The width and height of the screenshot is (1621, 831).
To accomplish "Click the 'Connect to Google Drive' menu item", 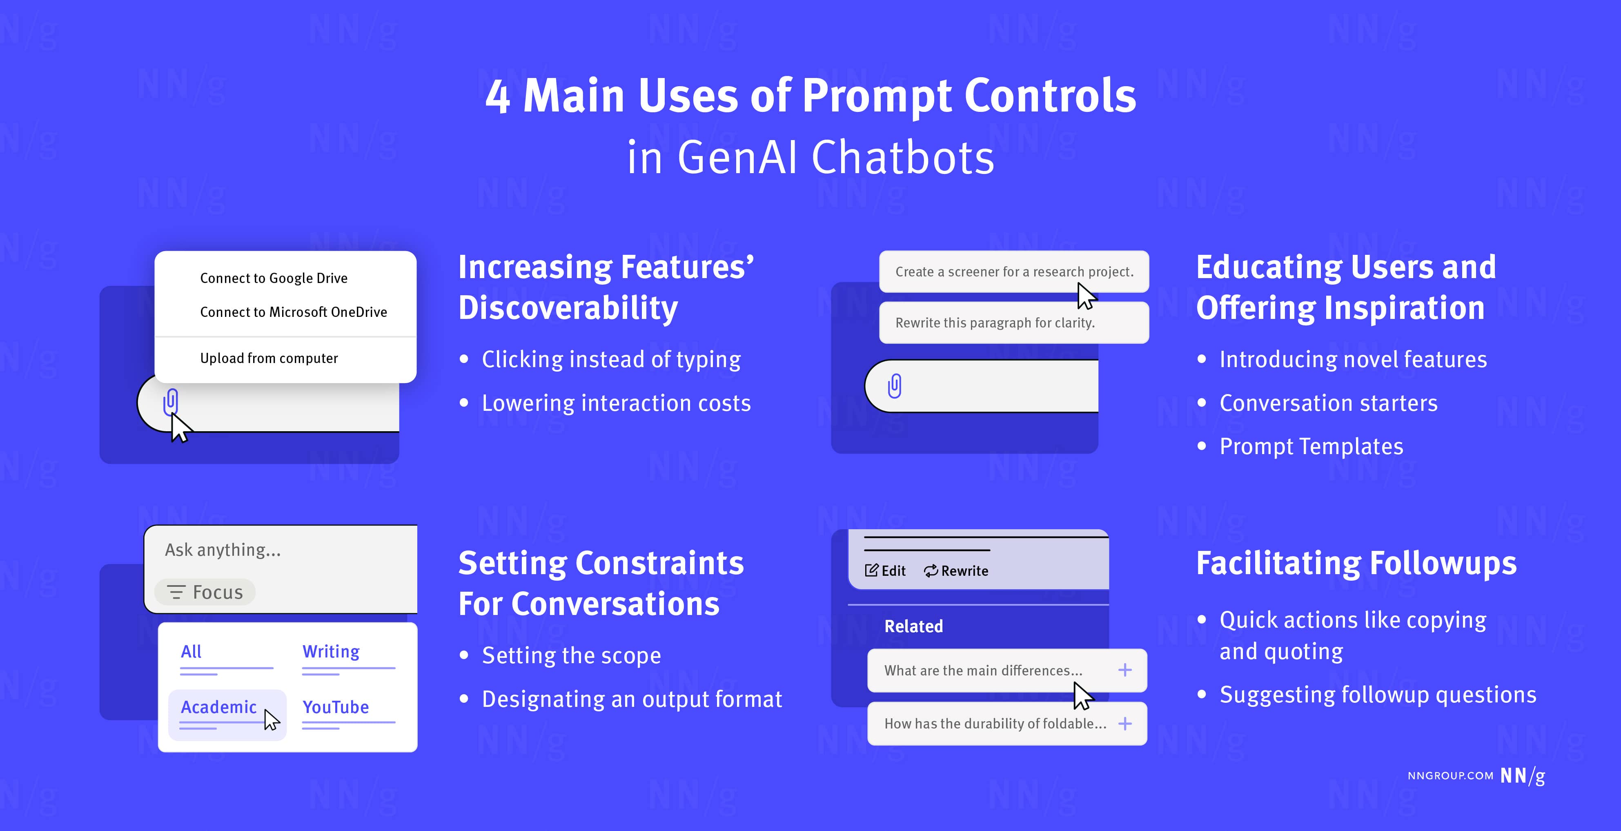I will click(x=274, y=278).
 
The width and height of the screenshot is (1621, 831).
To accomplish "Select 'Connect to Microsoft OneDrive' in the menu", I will click(x=293, y=312).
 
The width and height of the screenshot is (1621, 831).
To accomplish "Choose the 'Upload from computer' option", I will click(x=269, y=358).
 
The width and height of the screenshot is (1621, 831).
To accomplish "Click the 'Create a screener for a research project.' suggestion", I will click(x=1014, y=272).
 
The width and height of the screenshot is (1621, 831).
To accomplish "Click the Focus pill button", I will click(x=205, y=593).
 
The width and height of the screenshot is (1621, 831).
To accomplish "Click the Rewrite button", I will click(x=957, y=571).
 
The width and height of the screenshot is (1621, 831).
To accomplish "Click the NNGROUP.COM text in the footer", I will click(x=1450, y=775).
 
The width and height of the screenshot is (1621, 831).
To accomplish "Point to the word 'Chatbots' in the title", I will click(x=903, y=157).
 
